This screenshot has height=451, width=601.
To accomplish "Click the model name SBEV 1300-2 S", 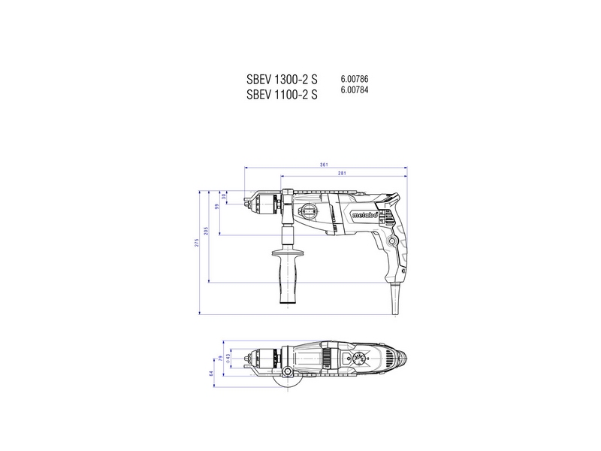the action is pyautogui.click(x=282, y=80).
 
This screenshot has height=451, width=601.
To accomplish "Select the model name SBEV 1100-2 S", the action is pyautogui.click(x=282, y=95).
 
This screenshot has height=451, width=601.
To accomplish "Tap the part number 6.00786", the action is pyautogui.click(x=355, y=79).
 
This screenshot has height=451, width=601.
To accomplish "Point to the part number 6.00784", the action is pyautogui.click(x=355, y=90).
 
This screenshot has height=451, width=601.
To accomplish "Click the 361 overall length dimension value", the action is pyautogui.click(x=325, y=165).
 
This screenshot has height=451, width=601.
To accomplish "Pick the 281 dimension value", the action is pyautogui.click(x=342, y=174).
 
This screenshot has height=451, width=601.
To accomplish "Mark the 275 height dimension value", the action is pyautogui.click(x=197, y=243).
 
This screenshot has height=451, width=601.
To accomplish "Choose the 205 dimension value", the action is pyautogui.click(x=206, y=231).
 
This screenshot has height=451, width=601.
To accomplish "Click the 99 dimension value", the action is pyautogui.click(x=216, y=206).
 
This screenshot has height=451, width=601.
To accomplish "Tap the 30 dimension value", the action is pyautogui.click(x=224, y=196).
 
